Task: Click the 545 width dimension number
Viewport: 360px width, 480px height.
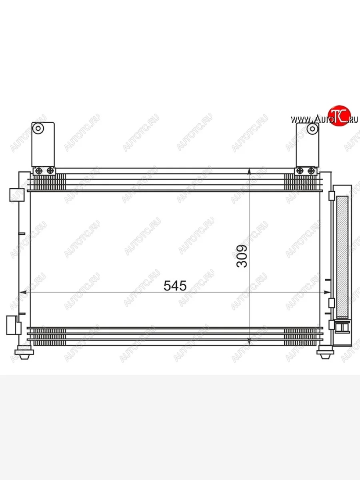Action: coord(175,286)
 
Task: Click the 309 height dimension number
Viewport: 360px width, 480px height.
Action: coord(242,256)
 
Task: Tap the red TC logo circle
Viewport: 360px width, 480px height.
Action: coord(339,116)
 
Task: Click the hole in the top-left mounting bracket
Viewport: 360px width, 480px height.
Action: coord(38,128)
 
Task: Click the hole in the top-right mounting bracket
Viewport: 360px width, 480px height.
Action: coord(312,129)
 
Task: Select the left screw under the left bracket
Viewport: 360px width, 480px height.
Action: coord(39,171)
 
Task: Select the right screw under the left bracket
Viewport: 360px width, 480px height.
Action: coord(50,170)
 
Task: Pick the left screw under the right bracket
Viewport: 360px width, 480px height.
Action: coord(300,171)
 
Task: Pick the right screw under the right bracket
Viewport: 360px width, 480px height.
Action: coord(311,171)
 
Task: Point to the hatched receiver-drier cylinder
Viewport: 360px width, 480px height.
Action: coord(342,257)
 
